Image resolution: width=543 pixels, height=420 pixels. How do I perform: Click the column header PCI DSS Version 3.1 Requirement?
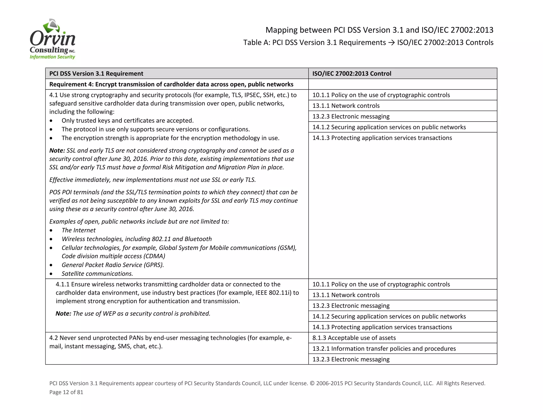click(x=96, y=74)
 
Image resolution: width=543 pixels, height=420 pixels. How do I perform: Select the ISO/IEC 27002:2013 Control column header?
click(x=352, y=74)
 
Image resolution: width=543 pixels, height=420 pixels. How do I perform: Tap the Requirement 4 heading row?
click(x=171, y=84)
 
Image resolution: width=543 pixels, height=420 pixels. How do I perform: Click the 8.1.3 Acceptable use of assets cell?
click(x=354, y=338)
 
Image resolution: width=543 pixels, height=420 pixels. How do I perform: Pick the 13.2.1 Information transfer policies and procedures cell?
click(x=384, y=349)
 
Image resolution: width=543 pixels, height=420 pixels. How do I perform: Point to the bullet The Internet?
click(x=78, y=230)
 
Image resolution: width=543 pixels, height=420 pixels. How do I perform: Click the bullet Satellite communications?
click(x=97, y=273)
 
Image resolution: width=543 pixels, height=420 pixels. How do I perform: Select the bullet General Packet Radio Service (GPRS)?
click(x=113, y=265)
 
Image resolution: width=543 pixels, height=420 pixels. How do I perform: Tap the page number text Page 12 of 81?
click(x=66, y=392)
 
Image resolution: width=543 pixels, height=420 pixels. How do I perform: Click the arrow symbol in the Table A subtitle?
click(x=391, y=43)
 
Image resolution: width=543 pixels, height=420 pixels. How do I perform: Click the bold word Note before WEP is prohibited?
click(x=63, y=314)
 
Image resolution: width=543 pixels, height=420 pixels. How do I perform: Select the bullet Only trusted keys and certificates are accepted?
click(x=128, y=121)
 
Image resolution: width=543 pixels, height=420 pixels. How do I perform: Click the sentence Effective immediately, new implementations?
click(x=152, y=180)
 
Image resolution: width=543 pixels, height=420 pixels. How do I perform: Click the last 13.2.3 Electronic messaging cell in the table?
click(x=351, y=359)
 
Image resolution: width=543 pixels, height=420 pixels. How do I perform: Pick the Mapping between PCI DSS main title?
click(x=379, y=30)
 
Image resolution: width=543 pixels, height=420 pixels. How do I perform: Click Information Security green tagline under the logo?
click(x=52, y=57)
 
